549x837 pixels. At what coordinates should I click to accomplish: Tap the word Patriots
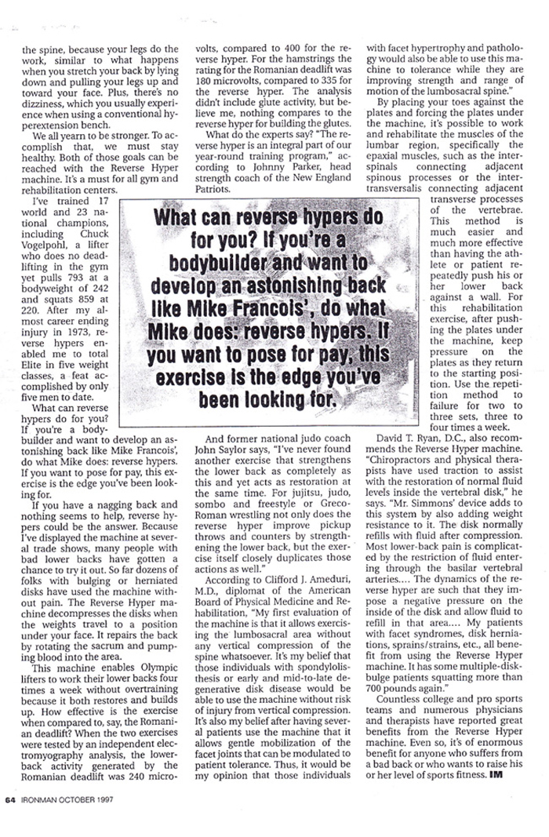[x=213, y=190]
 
